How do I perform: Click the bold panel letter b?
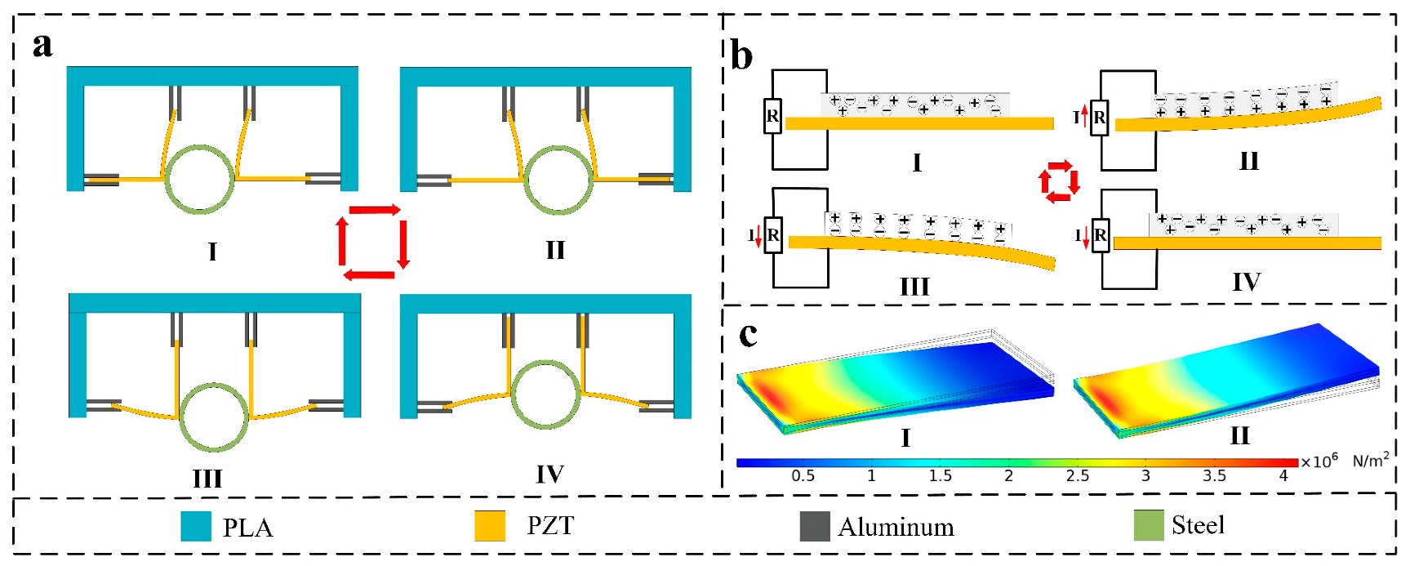pyautogui.click(x=741, y=57)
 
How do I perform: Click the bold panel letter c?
pyautogui.click(x=748, y=333)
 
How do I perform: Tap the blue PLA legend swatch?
pyautogui.click(x=196, y=526)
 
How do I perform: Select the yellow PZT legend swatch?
pyautogui.click(x=490, y=526)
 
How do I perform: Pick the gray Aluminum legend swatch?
pyautogui.click(x=814, y=526)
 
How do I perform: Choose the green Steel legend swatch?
pyautogui.click(x=1148, y=525)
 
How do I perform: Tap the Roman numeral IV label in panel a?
pyautogui.click(x=549, y=475)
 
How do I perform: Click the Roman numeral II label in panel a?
pyautogui.click(x=555, y=250)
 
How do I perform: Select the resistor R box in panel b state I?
pyautogui.click(x=772, y=116)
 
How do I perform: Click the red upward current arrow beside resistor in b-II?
pyautogui.click(x=1085, y=117)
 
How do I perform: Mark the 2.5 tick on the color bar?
pyautogui.click(x=1077, y=475)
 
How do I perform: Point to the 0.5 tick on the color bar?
pyautogui.click(x=803, y=475)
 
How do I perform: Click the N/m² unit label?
pyautogui.click(x=1370, y=461)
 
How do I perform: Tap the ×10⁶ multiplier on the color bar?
pyautogui.click(x=1319, y=461)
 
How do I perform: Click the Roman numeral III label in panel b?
pyautogui.click(x=914, y=287)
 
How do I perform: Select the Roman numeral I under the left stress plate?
pyautogui.click(x=905, y=439)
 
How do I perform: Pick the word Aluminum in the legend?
pyautogui.click(x=896, y=527)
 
